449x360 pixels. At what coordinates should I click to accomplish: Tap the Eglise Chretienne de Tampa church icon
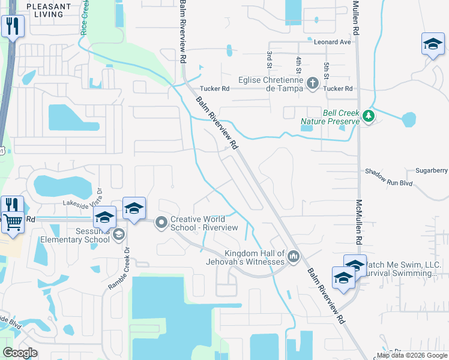(x=312, y=83)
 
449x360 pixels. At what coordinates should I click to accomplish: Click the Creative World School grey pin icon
(x=161, y=223)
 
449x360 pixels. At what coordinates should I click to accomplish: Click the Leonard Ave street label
(x=332, y=43)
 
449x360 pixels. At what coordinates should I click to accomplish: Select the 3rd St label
(x=270, y=59)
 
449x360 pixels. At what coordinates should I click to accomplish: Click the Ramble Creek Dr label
(x=118, y=268)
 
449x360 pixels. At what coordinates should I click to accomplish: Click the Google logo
(x=20, y=353)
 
